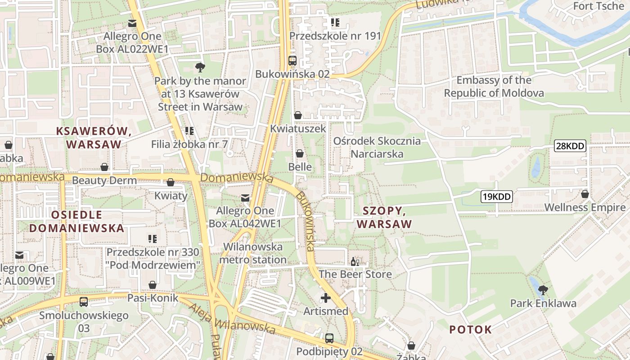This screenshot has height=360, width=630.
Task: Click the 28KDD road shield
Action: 570,146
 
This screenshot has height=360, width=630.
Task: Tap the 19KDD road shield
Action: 497,196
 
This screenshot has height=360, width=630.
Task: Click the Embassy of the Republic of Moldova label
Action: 494,87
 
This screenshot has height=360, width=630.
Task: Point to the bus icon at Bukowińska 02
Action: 292,60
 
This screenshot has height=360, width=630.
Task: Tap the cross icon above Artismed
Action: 326,298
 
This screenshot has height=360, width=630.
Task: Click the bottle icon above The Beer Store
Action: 355,261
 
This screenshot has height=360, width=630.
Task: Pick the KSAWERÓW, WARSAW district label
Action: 94,138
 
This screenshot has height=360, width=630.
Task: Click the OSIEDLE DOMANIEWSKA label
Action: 76,221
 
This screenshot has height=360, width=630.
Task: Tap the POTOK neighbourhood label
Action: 471,330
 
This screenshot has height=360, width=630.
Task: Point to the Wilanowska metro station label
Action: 253,253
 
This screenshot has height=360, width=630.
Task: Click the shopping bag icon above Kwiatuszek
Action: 297,116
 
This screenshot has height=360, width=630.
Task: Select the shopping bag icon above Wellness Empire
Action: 585,194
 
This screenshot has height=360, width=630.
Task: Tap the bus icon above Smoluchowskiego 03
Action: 84,302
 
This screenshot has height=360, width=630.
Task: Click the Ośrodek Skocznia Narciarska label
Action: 377,148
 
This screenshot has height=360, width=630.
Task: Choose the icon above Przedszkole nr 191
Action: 335,22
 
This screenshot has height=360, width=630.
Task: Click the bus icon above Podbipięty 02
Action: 329,338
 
